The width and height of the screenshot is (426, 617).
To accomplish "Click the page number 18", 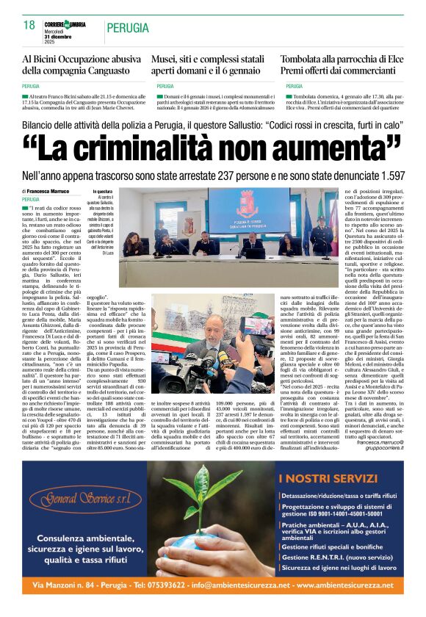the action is (x=29, y=25).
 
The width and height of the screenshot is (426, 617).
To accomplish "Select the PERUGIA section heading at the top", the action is (x=129, y=27).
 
